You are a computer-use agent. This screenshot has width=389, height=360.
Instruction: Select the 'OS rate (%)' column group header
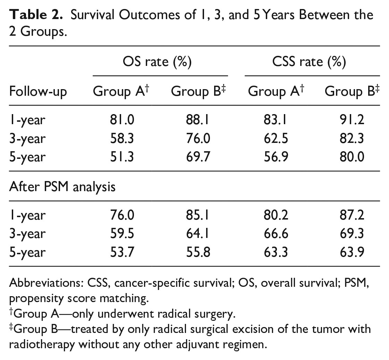click(x=157, y=61)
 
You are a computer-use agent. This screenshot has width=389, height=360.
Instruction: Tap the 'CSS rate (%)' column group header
click(x=309, y=61)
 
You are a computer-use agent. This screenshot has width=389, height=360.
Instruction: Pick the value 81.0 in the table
click(x=122, y=120)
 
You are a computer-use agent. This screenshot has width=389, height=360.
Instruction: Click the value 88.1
click(x=198, y=120)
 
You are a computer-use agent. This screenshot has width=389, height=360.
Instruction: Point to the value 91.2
click(x=352, y=120)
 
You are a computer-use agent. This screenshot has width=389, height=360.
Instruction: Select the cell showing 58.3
click(x=122, y=138)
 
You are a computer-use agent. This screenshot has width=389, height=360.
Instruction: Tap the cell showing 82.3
click(x=352, y=138)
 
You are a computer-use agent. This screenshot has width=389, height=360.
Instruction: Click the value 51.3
click(x=122, y=157)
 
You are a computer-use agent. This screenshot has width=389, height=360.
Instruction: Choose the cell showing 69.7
click(x=198, y=157)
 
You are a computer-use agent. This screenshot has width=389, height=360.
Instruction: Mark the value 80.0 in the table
click(x=352, y=157)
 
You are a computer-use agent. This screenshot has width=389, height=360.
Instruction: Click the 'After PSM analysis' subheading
click(x=62, y=187)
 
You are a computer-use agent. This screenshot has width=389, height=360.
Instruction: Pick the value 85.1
click(x=198, y=215)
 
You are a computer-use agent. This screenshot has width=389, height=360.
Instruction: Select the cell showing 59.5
click(x=122, y=233)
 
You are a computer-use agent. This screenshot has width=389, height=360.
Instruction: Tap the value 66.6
click(x=276, y=233)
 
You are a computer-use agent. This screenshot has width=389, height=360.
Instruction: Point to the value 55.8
click(x=198, y=252)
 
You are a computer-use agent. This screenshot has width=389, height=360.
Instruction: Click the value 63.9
click(x=352, y=252)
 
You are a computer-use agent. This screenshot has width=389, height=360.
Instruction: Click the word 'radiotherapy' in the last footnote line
click(x=42, y=345)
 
